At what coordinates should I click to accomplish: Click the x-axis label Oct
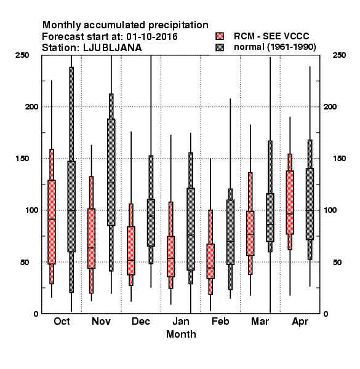tap(62, 321)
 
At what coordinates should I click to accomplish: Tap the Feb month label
tap(220, 321)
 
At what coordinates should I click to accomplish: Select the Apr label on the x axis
tap(300, 322)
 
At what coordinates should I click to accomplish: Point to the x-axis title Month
tap(181, 334)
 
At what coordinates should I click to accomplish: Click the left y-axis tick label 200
tap(31, 106)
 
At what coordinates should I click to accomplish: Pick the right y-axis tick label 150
tap(339, 159)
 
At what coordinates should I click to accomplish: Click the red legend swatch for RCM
tap(220, 36)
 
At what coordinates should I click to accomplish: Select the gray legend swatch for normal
tap(220, 47)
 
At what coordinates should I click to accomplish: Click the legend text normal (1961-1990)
tap(274, 47)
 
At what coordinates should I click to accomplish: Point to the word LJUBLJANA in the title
tap(113, 48)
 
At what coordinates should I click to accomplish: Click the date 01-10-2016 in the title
tap(152, 36)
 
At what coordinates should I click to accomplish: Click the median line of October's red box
tap(52, 219)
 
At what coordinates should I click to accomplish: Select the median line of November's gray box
tap(111, 183)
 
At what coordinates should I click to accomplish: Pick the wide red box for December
tap(131, 251)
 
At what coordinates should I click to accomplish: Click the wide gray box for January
tap(191, 229)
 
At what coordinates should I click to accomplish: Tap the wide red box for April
tap(290, 202)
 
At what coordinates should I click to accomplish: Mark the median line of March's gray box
tap(270, 224)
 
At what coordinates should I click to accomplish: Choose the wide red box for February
tap(210, 261)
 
